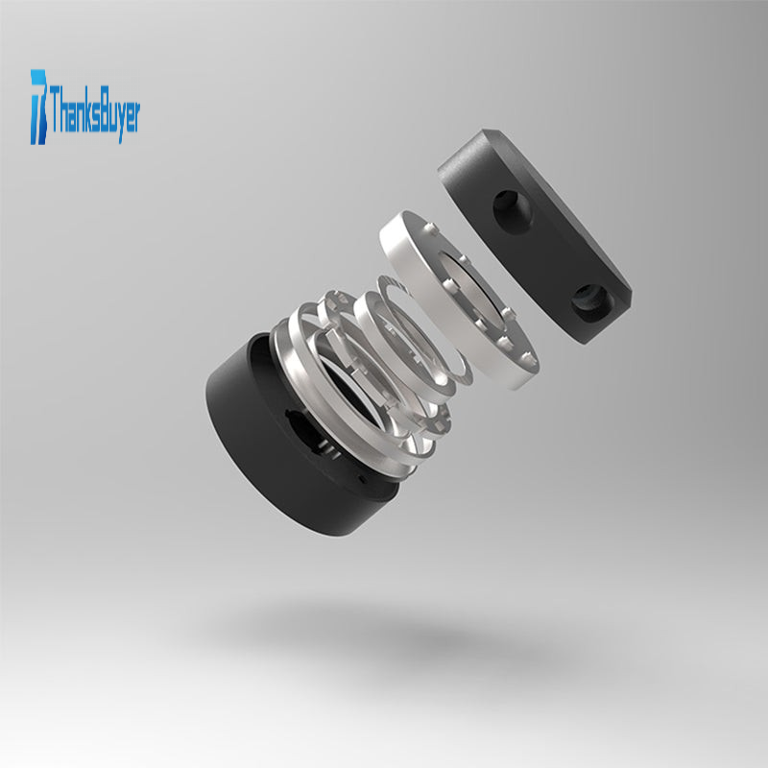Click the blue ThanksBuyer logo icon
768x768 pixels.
pyautogui.click(x=38, y=107)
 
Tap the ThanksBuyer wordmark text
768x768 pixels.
pyautogui.click(x=94, y=113)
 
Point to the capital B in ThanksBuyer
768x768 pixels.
pyautogui.click(x=103, y=109)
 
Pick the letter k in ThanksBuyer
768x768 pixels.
pyautogui.click(x=84, y=109)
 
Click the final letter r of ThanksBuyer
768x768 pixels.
pyautogui.click(x=136, y=116)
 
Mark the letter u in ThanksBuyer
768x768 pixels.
pyautogui.click(x=112, y=116)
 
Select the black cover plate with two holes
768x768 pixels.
pyautogui.click(x=535, y=235)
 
